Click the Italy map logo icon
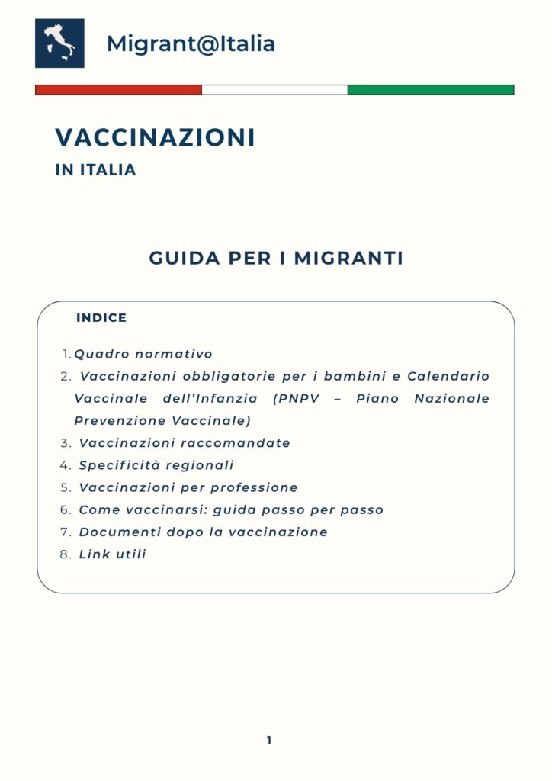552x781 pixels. click(59, 43)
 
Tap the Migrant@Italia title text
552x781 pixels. click(191, 43)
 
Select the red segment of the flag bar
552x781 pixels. click(118, 90)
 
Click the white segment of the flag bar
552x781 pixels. click(274, 90)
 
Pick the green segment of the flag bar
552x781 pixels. click(431, 90)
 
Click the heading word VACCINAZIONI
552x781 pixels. click(155, 138)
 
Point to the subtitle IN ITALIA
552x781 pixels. click(95, 171)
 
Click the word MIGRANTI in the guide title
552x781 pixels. click(348, 259)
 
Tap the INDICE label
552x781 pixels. click(101, 318)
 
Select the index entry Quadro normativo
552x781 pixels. click(143, 355)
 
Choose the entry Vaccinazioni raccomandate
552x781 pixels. click(185, 443)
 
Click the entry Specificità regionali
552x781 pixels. click(156, 465)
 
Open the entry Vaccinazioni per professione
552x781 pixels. click(188, 487)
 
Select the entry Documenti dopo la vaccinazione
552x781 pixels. click(203, 532)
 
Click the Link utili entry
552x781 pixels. click(112, 554)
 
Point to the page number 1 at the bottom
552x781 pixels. click(269, 740)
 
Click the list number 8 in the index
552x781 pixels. click(65, 554)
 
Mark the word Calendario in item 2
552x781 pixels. click(448, 377)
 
